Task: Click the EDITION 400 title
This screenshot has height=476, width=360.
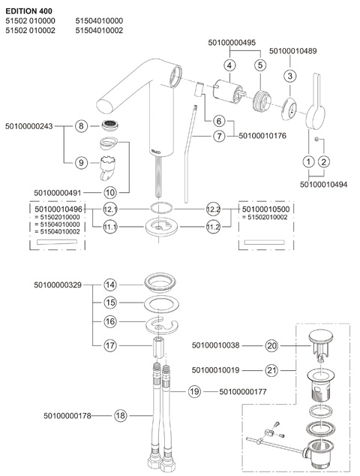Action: click(28, 11)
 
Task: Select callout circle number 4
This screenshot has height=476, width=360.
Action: click(229, 65)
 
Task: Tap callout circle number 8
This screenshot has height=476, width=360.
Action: click(81, 125)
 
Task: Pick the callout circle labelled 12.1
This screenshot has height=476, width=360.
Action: click(109, 209)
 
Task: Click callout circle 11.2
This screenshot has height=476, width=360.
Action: click(213, 227)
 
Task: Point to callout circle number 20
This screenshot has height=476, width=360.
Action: click(271, 345)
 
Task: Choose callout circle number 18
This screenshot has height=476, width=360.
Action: click(121, 415)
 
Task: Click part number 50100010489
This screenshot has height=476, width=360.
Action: click(293, 51)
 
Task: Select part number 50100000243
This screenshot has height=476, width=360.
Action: click(29, 126)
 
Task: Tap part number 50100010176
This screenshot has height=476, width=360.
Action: click(262, 136)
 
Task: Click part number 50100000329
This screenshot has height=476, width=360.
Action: click(58, 285)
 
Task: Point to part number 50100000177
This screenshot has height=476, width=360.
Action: click(243, 392)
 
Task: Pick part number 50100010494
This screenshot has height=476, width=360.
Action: click(323, 184)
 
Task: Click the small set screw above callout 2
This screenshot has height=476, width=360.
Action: click(317, 139)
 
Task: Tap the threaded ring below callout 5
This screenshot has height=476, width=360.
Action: click(262, 101)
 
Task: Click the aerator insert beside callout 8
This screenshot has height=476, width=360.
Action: click(110, 125)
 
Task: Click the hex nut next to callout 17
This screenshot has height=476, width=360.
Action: click(158, 346)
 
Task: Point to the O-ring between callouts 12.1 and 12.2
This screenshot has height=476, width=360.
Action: click(161, 208)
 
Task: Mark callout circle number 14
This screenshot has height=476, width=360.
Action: click(109, 285)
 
